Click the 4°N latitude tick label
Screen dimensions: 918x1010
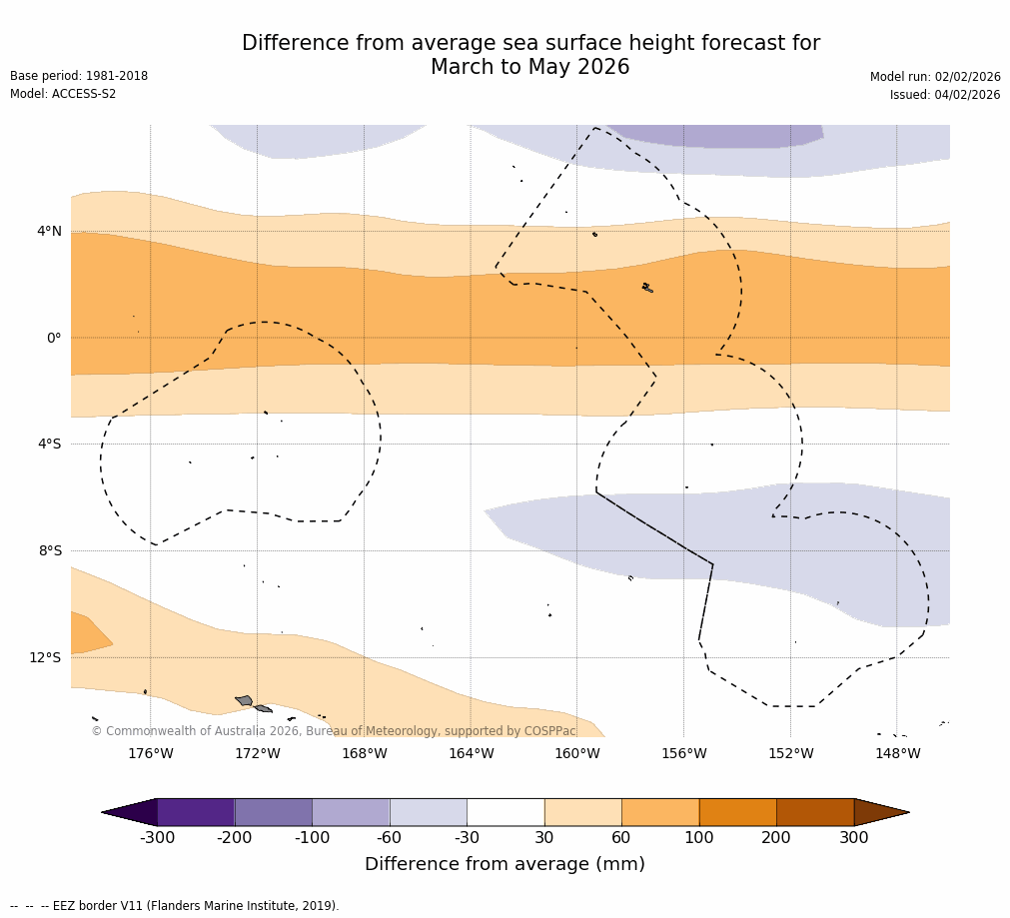tap(49, 232)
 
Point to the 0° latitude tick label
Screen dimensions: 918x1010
tap(53, 338)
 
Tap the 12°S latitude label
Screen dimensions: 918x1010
tap(45, 657)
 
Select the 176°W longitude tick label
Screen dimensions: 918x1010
tap(150, 753)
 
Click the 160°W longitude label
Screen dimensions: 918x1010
tap(577, 753)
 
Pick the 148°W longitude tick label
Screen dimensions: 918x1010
tap(897, 753)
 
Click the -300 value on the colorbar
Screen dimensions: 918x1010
tap(157, 838)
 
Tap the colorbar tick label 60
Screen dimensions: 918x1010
tap(621, 838)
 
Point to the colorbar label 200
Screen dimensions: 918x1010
tap(776, 838)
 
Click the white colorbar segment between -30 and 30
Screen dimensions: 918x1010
tap(505, 812)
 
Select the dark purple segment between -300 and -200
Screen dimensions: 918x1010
tap(196, 812)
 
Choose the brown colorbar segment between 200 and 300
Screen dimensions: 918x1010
tap(815, 812)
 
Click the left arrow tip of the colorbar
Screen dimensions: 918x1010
tap(104, 812)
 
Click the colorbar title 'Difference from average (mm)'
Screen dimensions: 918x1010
tap(505, 864)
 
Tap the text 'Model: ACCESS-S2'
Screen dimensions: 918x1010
tap(63, 94)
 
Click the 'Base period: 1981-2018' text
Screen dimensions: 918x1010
tap(79, 76)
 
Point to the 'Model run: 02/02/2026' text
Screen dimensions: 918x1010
tap(935, 77)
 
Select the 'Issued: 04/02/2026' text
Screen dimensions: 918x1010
tap(945, 95)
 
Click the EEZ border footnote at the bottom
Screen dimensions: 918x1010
tap(175, 906)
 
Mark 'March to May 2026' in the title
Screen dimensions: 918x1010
tap(529, 67)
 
